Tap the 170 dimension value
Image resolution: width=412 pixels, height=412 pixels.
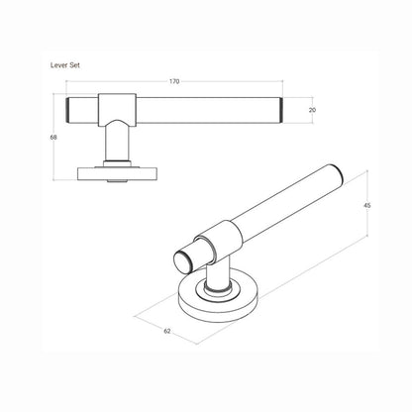[174, 80]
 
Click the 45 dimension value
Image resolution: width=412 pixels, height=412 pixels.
[366, 205]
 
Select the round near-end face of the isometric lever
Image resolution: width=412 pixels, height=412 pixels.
[183, 260]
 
